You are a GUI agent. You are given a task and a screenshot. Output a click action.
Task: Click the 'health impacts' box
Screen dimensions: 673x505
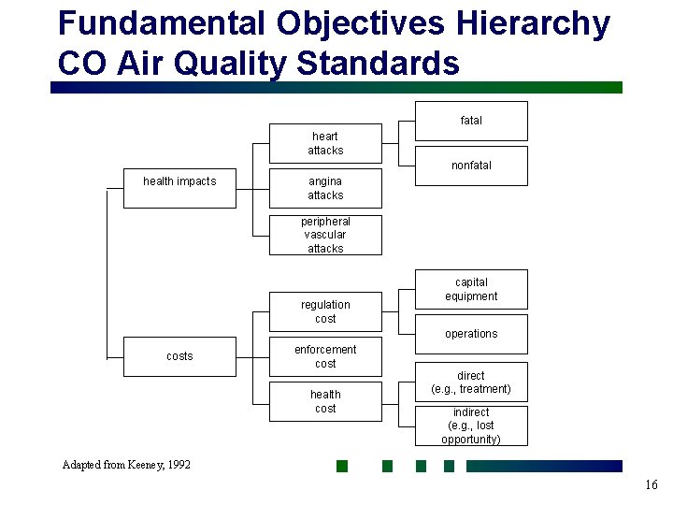[179, 188]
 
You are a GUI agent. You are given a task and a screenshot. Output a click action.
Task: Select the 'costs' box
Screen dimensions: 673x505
[179, 356]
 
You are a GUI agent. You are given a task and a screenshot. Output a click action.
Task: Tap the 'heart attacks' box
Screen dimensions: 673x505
[325, 143]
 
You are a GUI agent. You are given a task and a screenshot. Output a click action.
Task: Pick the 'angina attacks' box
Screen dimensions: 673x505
[325, 188]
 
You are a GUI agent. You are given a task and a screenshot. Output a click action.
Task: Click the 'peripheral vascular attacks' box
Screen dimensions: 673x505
[325, 235]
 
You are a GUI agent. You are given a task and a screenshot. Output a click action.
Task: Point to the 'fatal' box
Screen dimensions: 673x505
[471, 121]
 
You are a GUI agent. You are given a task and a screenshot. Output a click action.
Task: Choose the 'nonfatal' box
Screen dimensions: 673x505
[471, 166]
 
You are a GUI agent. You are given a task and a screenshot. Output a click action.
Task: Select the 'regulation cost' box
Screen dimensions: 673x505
[325, 311]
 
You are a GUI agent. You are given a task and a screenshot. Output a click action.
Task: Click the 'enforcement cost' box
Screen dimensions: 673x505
[325, 356]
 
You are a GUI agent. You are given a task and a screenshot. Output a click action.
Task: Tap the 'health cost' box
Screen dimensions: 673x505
[325, 401]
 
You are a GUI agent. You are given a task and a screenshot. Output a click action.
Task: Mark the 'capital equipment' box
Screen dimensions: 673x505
[471, 289]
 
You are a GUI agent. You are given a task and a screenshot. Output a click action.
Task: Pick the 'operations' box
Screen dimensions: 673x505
[471, 334]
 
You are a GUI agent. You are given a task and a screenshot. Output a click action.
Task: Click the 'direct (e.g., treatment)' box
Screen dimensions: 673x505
[471, 382]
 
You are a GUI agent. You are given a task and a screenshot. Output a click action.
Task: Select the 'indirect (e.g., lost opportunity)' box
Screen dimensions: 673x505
[471, 426]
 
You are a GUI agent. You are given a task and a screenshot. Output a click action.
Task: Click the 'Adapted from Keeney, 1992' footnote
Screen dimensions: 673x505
[126, 465]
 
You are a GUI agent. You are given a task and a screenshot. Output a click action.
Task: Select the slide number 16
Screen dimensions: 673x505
[651, 484]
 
